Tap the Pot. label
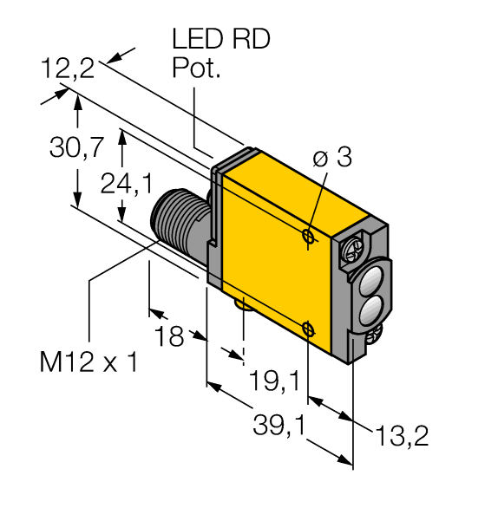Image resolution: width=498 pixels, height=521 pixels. tap(196, 70)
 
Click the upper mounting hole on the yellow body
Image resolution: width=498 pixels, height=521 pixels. tap(308, 235)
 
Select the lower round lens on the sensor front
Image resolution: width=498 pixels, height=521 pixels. tap(370, 308)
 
